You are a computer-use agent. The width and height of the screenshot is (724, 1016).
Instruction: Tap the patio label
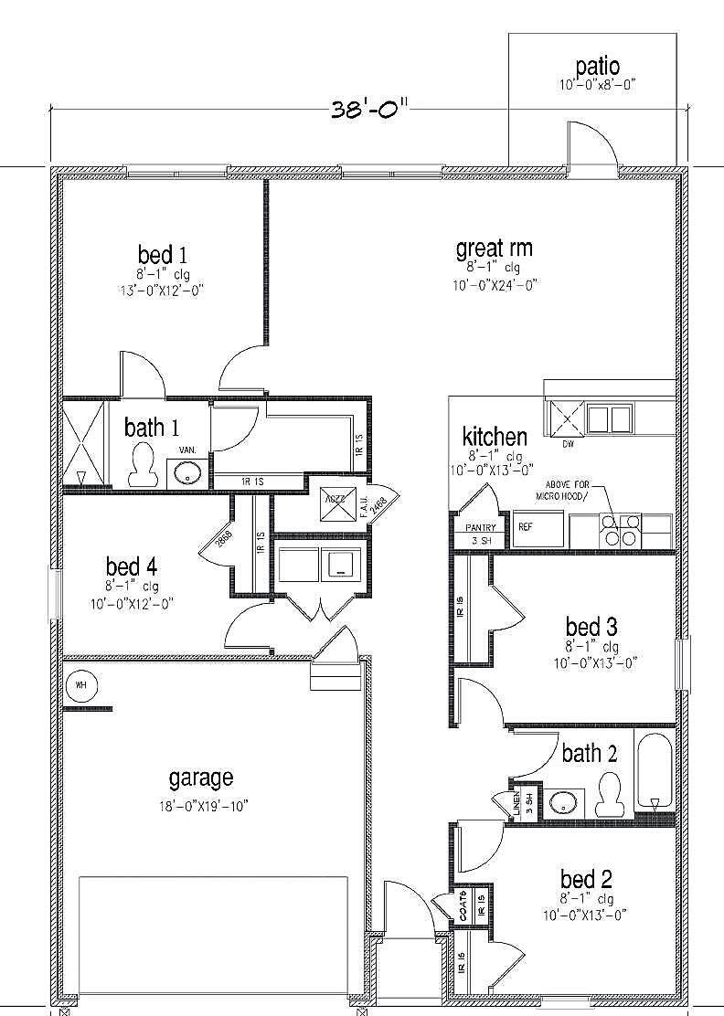click(x=597, y=67)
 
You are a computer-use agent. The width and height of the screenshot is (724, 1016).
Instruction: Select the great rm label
click(x=494, y=249)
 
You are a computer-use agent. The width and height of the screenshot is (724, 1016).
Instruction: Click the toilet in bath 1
click(x=142, y=465)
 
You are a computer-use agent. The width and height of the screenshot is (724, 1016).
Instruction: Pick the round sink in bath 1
click(x=188, y=473)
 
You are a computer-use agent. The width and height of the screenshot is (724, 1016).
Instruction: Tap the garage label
click(x=200, y=778)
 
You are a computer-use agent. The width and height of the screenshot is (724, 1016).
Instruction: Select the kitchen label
click(x=495, y=436)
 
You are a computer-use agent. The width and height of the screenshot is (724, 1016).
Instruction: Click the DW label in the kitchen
click(x=568, y=445)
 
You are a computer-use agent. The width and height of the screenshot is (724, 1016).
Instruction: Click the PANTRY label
click(x=480, y=527)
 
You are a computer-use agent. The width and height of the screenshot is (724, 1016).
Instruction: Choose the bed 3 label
click(x=591, y=627)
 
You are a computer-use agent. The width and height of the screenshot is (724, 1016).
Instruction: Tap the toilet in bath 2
click(x=608, y=795)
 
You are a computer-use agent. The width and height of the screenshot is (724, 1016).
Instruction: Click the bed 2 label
click(x=585, y=879)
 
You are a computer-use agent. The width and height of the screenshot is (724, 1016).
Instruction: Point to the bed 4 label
click(x=123, y=566)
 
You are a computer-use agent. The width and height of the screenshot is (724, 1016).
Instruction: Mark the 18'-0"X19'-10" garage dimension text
click(x=202, y=805)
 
